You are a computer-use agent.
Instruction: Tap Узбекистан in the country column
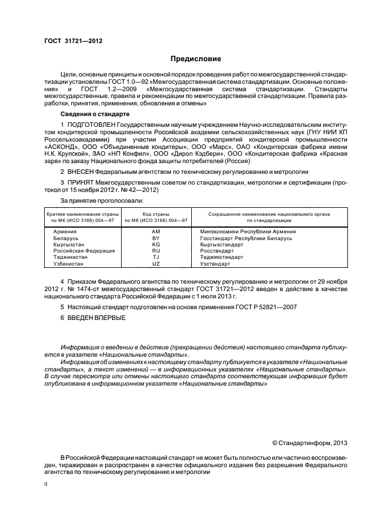pyautogui.click(x=69, y=263)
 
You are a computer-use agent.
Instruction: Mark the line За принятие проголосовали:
pyautogui.click(x=102, y=200)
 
